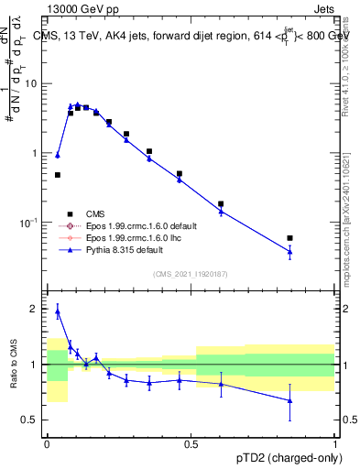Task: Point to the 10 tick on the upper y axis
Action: pos(33,83)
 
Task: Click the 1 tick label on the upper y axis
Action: pos(37,153)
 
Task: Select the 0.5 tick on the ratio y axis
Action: pos(33,420)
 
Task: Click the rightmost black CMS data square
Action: pos(289,238)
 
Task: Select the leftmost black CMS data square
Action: pos(57,175)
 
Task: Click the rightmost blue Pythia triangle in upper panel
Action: pos(289,251)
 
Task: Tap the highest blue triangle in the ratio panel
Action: pos(57,311)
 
